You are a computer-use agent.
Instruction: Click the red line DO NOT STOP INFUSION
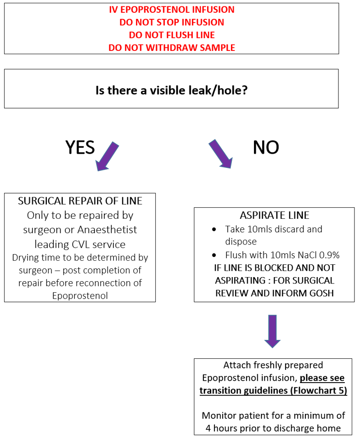click(x=172, y=22)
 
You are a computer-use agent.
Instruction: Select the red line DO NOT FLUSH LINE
click(x=172, y=35)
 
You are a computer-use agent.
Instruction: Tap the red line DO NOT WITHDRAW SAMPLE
click(x=172, y=48)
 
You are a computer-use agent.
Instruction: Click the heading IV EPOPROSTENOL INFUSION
click(x=172, y=10)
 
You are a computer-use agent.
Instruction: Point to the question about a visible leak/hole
click(x=171, y=90)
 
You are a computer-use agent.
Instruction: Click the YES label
click(x=80, y=148)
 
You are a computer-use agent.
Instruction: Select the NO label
click(x=266, y=148)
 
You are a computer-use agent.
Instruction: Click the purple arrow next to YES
click(x=107, y=156)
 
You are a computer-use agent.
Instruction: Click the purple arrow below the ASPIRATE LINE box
click(x=272, y=331)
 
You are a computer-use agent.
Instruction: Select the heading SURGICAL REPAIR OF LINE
click(x=80, y=201)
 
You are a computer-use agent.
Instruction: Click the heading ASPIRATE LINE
click(x=274, y=216)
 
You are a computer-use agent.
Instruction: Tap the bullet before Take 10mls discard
click(x=214, y=229)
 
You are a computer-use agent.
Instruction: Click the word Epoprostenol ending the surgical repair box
click(x=80, y=295)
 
